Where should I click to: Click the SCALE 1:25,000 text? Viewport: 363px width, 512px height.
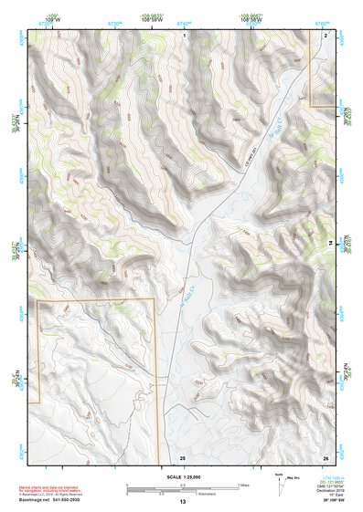coord(183,477)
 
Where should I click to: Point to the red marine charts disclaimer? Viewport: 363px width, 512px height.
coord(52,488)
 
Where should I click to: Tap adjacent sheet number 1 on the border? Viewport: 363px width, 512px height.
coord(184,34)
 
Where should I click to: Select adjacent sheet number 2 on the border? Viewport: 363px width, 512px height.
coord(325,34)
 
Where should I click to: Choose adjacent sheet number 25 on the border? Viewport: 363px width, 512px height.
coord(183,456)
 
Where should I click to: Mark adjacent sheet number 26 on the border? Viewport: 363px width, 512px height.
coord(325,456)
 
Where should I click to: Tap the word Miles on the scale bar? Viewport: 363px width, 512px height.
coord(242,485)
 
